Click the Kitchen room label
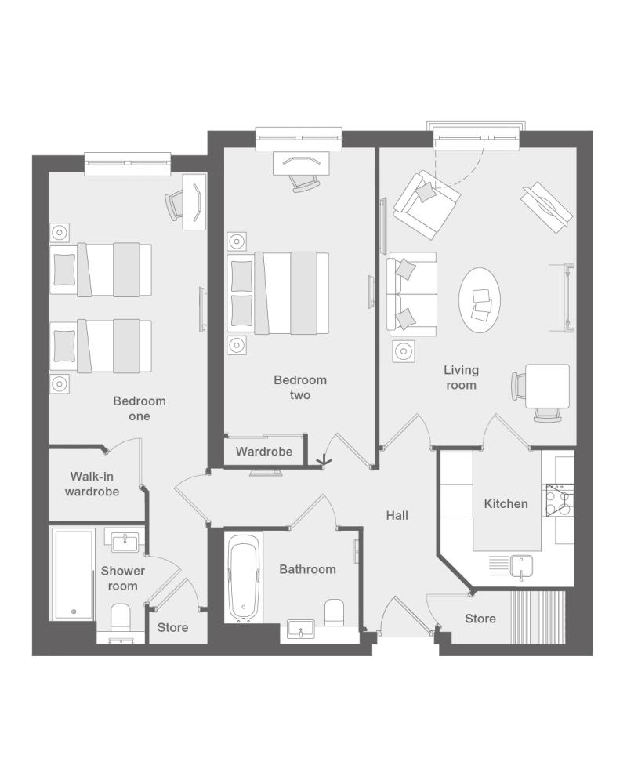click(x=506, y=503)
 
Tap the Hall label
click(x=397, y=516)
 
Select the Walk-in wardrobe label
click(x=92, y=484)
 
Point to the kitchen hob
click(x=560, y=500)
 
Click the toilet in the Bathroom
click(x=335, y=612)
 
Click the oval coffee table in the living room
click(x=480, y=300)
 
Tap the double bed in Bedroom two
click(x=278, y=293)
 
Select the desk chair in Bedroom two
click(x=305, y=183)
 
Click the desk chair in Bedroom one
click(x=173, y=205)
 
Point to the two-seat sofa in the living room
click(x=411, y=294)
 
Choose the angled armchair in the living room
click(x=426, y=205)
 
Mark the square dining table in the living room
click(x=548, y=386)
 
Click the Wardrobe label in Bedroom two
click(x=264, y=452)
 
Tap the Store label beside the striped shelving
click(x=480, y=619)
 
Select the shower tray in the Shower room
click(x=73, y=575)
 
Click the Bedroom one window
click(x=128, y=163)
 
